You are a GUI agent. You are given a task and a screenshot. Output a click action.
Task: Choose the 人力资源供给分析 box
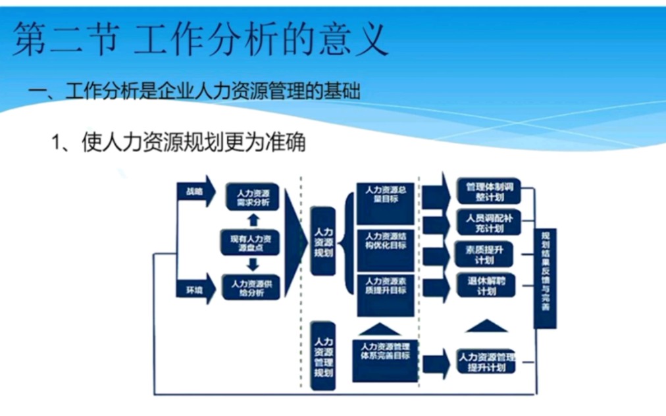click(x=250, y=288)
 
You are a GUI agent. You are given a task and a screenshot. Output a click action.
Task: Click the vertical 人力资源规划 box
click(x=323, y=242)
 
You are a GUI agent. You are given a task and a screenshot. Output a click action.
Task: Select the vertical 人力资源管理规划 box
click(x=323, y=357)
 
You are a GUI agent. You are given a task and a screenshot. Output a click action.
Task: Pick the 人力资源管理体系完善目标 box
click(x=386, y=359)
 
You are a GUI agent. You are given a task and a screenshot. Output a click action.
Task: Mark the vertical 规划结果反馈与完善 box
click(x=545, y=278)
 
